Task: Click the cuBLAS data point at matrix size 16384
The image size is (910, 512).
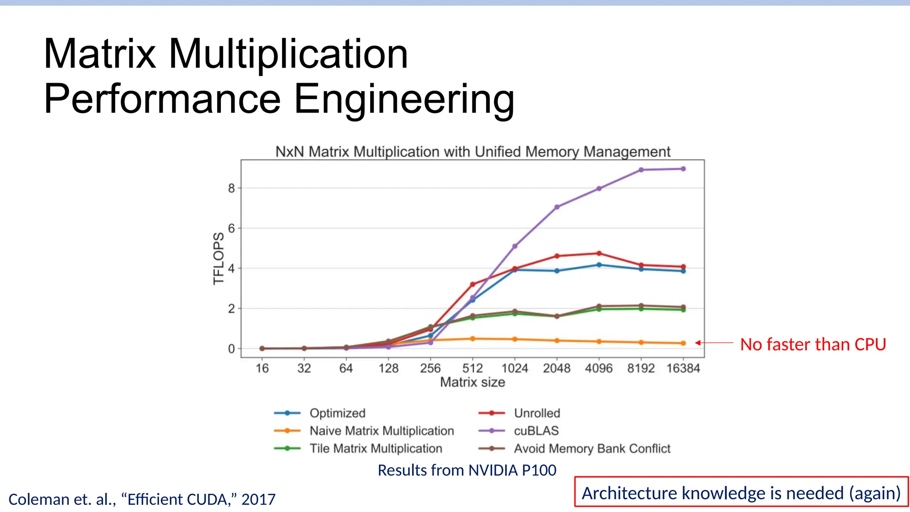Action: (683, 169)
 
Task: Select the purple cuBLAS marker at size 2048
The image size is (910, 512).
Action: (557, 207)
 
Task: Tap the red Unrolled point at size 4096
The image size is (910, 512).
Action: (599, 253)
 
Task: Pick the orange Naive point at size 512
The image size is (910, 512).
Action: (472, 339)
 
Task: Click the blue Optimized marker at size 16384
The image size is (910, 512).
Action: (683, 271)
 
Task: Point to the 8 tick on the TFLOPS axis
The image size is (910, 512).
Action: (231, 188)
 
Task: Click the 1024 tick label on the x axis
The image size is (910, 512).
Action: (515, 368)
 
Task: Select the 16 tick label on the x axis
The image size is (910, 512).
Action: (262, 368)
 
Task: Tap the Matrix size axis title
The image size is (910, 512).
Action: (472, 382)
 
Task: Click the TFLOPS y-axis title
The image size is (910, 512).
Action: (218, 258)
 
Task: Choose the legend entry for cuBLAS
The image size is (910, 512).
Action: (536, 431)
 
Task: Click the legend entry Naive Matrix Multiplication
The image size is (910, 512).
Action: (381, 431)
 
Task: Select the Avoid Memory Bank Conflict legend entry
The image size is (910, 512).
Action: (592, 448)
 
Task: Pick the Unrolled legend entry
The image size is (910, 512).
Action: (537, 413)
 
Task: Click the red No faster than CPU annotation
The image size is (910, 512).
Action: (813, 344)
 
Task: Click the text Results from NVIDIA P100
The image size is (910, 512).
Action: (467, 470)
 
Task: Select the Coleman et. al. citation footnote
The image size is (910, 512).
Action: (142, 500)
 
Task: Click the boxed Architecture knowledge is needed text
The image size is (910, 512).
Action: (741, 493)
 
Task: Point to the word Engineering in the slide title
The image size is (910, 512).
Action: (403, 99)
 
